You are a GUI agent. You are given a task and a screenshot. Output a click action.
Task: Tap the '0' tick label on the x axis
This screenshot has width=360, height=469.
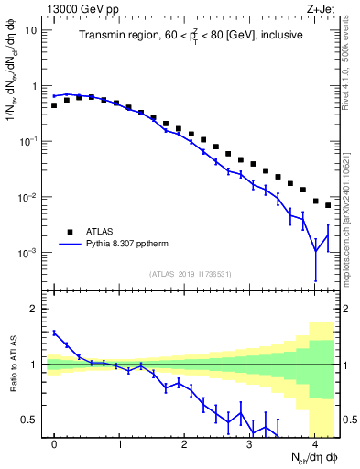pyautogui.click(x=55, y=444)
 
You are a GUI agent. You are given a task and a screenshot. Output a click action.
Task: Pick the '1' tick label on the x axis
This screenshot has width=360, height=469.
pyautogui.click(x=120, y=444)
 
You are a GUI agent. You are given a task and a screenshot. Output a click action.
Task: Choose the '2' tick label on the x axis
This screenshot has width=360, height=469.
pyautogui.click(x=185, y=444)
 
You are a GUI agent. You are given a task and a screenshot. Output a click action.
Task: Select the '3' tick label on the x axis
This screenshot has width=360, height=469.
pyautogui.click(x=250, y=444)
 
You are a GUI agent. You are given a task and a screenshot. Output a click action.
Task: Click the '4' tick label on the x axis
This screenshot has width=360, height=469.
pyautogui.click(x=315, y=444)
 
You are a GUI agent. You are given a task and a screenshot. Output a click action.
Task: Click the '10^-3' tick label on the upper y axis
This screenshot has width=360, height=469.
pyautogui.click(x=28, y=252)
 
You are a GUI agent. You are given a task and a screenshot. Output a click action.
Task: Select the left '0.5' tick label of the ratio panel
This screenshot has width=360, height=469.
pyautogui.click(x=30, y=420)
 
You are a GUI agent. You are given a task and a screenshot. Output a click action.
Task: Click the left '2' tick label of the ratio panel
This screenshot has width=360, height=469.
pyautogui.click(x=35, y=309)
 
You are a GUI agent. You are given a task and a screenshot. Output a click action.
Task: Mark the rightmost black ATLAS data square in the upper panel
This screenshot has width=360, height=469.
pyautogui.click(x=328, y=205)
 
